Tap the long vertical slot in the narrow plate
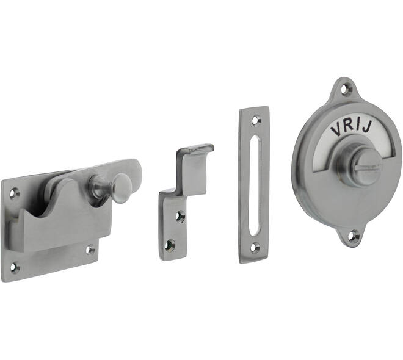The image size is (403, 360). [255, 182]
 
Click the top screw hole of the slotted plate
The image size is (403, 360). [255, 120]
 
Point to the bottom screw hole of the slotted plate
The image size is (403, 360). [255, 248]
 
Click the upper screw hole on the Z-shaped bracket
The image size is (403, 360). [180, 217]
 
